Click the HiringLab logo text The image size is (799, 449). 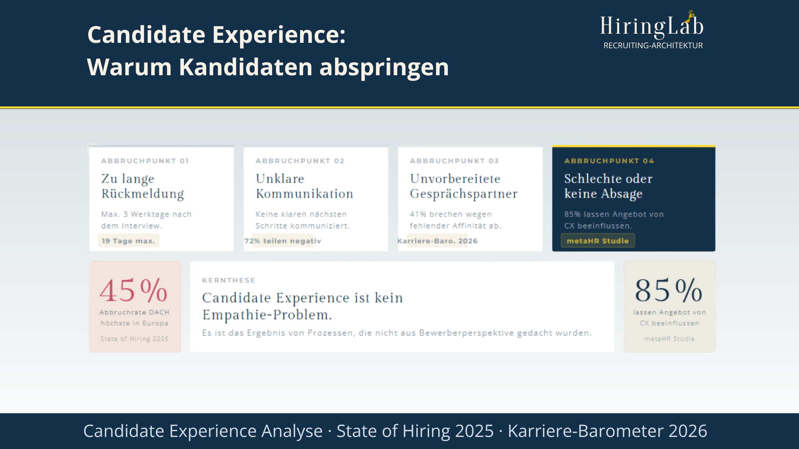coord(651,26)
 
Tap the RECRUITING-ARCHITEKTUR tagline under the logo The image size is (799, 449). coord(653,45)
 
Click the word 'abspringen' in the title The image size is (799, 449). coord(384,67)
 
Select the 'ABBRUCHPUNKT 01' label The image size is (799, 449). coord(145,161)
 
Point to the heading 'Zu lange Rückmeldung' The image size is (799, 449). coord(142,186)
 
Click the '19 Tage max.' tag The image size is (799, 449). coord(128,241)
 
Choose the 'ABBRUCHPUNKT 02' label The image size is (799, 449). coord(300,161)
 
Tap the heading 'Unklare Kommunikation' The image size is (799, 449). coord(304,186)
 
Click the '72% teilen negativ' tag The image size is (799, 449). coord(283,241)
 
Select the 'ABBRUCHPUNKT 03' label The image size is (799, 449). coord(454,161)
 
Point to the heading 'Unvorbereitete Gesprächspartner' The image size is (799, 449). coord(464,186)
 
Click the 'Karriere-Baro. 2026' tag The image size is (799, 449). coord(437,241)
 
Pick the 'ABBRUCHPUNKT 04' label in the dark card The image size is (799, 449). coord(609,161)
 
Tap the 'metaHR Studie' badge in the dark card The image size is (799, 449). coord(598,241)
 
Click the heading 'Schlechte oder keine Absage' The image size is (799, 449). coord(608,186)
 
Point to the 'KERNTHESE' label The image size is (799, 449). coord(228,280)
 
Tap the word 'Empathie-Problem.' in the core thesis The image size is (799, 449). coord(267,315)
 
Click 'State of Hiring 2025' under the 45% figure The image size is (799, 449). coord(134,339)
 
